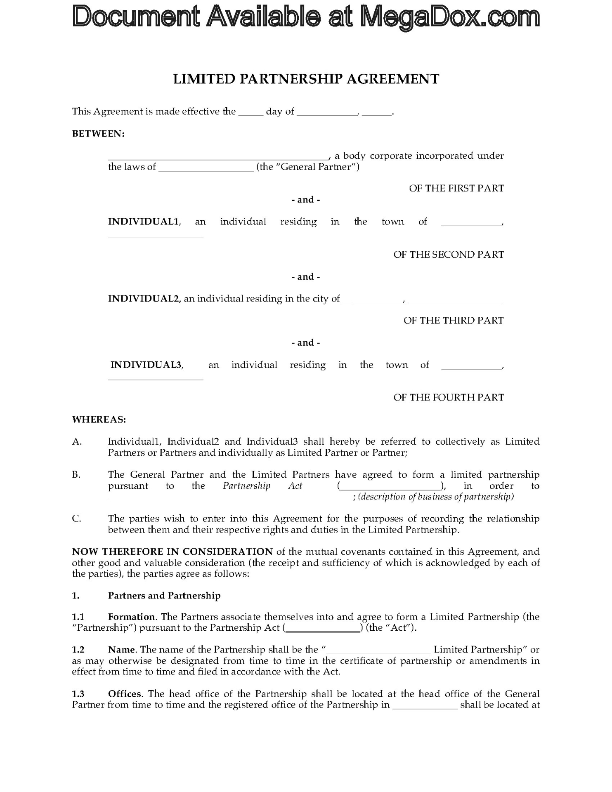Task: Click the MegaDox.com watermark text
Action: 306,17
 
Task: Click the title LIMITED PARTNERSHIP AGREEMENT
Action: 306,79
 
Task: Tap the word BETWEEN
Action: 98,134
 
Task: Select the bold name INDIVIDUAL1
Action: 144,222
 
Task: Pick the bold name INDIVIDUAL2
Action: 144,299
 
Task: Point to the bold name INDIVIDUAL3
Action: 147,365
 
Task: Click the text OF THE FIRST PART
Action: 456,189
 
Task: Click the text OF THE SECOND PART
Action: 449,255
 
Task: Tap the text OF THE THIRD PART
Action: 454,321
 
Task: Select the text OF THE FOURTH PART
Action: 449,398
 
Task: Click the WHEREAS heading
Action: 99,420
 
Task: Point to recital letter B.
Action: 76,475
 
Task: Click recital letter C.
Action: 76,519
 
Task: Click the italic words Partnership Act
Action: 262,486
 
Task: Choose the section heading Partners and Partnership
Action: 164,596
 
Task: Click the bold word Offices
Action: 125,694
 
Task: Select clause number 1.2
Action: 78,650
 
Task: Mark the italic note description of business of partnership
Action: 436,497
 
